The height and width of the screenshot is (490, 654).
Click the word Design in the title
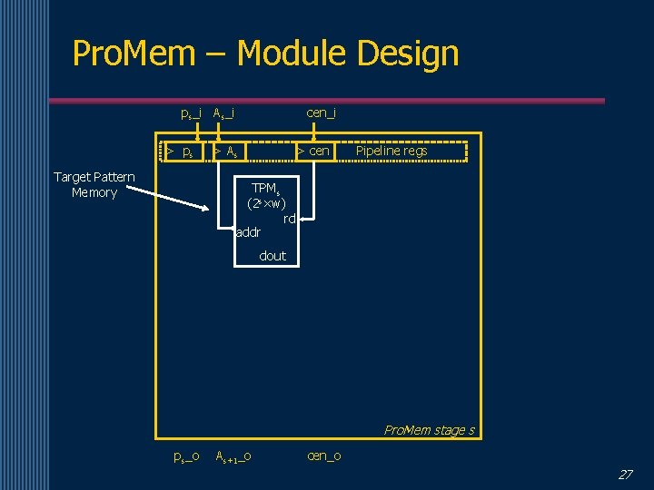[x=408, y=54]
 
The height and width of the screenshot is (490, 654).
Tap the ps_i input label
[x=191, y=113]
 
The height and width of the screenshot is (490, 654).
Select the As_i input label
[x=223, y=113]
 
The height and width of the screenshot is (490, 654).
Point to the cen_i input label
[x=321, y=113]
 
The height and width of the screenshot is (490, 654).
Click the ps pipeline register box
[x=182, y=152]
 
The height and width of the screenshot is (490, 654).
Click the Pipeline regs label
[x=391, y=151]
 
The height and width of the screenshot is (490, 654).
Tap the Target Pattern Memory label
[x=94, y=184]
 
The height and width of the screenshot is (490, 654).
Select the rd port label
[x=289, y=219]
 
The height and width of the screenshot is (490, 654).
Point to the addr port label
[x=248, y=233]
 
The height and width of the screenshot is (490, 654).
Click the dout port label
[x=272, y=256]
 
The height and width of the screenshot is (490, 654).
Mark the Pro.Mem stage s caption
[x=429, y=430]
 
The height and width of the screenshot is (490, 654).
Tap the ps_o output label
[x=186, y=456]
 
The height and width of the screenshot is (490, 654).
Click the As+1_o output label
[x=233, y=456]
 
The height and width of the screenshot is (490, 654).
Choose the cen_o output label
[x=324, y=456]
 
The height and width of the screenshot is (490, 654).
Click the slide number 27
[x=625, y=474]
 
